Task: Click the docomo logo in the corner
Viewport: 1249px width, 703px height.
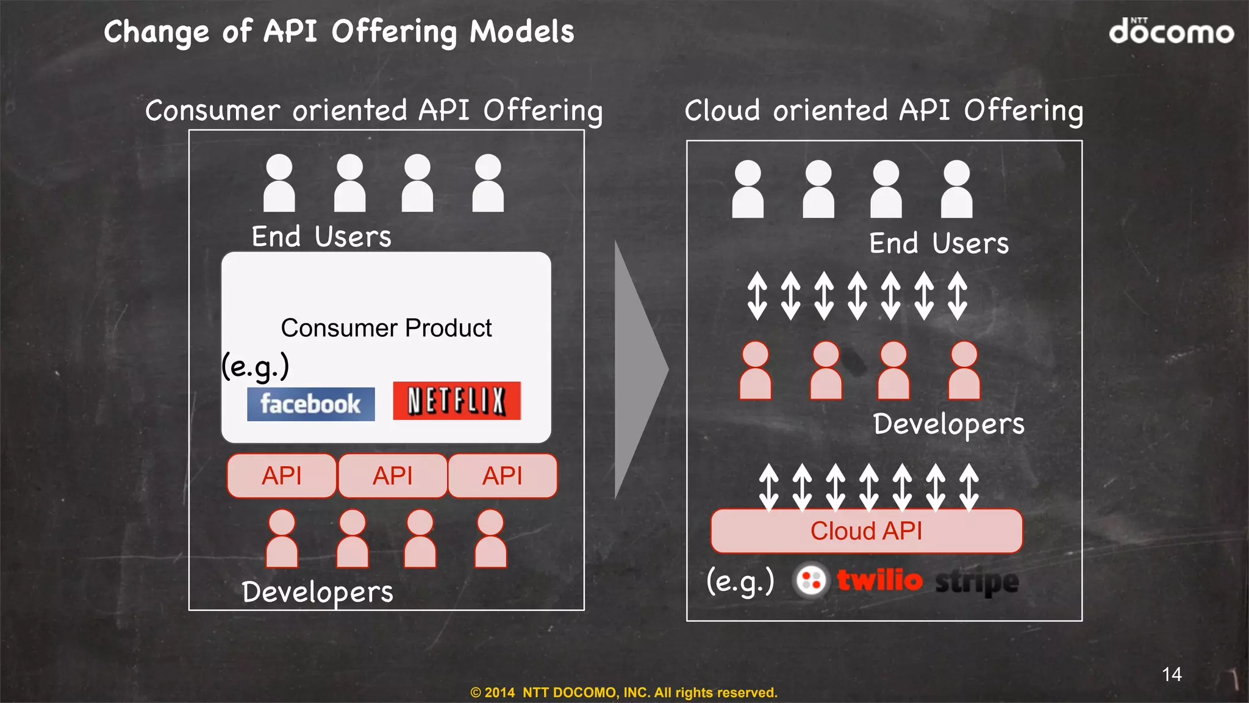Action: (1171, 31)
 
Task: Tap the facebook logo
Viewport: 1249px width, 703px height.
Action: (310, 404)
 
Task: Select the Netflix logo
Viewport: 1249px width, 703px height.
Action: (457, 401)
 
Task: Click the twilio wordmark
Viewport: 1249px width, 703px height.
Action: (879, 580)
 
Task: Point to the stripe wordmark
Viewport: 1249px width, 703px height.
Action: (977, 582)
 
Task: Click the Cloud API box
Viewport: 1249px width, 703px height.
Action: (866, 531)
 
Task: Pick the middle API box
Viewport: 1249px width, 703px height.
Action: (393, 476)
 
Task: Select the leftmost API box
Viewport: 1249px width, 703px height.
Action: (282, 476)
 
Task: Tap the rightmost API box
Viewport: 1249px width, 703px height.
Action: (503, 476)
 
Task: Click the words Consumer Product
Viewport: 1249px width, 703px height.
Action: (386, 328)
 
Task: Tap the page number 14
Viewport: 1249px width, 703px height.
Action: (1172, 674)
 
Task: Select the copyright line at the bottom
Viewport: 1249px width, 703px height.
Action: (624, 693)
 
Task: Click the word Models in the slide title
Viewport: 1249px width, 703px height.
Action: (522, 32)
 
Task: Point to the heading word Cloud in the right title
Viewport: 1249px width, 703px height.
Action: (722, 110)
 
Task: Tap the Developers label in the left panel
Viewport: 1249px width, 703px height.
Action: (317, 592)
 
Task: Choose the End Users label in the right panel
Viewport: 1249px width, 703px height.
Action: (939, 243)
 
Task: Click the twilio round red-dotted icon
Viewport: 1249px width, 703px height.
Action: (811, 580)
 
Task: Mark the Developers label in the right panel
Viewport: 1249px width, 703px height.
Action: (948, 424)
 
